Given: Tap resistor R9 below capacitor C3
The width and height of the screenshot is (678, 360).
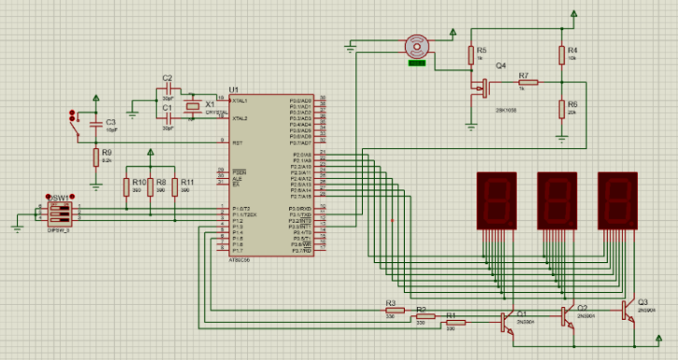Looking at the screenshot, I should (95, 157).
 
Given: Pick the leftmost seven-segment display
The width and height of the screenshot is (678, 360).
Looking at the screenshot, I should (496, 200).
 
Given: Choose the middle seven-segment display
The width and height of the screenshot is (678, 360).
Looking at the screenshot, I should (557, 200).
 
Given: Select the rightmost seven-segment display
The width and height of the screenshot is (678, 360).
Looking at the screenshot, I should (616, 200).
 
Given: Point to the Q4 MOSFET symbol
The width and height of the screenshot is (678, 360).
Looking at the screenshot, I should (484, 87).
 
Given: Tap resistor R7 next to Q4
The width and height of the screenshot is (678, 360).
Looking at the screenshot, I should (528, 83).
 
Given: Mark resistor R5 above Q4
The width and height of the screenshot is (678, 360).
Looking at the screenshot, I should (471, 54).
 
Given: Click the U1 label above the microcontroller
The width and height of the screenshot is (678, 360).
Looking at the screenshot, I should (233, 90).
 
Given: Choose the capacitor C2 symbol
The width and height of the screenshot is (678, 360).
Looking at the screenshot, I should (168, 90).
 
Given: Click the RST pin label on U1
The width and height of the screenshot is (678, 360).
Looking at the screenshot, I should (238, 143).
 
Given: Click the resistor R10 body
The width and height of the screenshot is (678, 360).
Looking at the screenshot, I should (126, 187).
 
